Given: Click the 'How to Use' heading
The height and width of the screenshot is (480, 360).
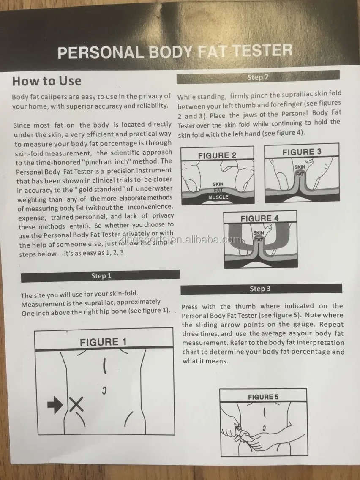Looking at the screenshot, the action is point(47,81).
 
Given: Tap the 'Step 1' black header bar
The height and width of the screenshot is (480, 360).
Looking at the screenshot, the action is point(101,276).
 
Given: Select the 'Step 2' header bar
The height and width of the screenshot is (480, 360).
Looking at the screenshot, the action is point(258,77).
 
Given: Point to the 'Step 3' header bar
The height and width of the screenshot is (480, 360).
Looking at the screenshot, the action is point(261,289).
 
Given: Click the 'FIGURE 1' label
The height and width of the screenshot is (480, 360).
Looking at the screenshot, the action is point(103,342).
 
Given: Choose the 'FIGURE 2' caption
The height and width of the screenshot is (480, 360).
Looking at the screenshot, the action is point(217,155).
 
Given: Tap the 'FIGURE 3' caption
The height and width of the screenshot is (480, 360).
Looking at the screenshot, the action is point(302,152).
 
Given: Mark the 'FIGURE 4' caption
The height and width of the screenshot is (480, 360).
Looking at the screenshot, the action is point(259,218).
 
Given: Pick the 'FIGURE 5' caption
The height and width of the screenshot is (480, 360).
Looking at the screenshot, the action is point(263,397).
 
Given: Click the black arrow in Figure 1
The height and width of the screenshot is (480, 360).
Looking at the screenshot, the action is point(55,405).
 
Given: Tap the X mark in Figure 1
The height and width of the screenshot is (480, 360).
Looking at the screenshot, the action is point(76,404).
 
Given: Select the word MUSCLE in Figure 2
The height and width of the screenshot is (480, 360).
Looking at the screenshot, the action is point(218,197).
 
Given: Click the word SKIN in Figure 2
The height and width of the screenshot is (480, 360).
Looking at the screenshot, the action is point(218,184).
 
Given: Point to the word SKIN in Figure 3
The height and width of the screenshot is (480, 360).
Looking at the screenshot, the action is point(300,167).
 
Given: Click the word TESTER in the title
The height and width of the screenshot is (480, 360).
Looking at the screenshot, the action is point(263,51).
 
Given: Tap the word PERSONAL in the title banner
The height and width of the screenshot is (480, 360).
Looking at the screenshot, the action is point(101,52).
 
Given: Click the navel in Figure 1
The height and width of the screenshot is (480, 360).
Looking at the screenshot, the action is point(104,390).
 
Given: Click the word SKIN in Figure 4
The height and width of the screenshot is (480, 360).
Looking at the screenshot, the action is point(259,233).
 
